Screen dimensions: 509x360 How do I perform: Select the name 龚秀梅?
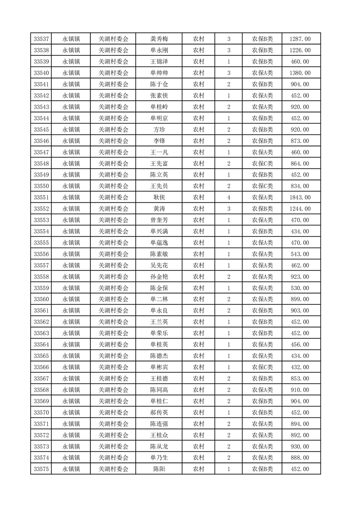(x=159, y=39)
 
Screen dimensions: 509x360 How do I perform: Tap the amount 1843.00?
(x=300, y=197)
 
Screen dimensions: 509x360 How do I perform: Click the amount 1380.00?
(x=300, y=73)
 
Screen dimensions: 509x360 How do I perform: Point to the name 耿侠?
(x=159, y=197)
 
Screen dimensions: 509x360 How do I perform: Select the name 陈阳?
(x=159, y=469)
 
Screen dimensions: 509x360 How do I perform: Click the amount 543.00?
(x=300, y=254)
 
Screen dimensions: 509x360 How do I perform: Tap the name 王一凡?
(x=159, y=152)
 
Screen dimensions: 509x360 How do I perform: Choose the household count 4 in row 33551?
(x=228, y=197)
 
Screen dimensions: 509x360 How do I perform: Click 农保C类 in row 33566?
(x=262, y=367)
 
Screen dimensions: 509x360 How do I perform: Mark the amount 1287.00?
(x=300, y=39)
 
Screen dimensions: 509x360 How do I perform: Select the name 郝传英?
(x=159, y=412)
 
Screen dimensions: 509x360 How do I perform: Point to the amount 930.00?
(x=300, y=446)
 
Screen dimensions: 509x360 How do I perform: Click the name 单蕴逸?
(x=159, y=243)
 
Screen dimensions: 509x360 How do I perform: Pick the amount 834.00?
(x=300, y=186)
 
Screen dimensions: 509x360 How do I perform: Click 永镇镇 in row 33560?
(x=71, y=299)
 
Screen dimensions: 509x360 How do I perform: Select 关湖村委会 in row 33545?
(x=113, y=129)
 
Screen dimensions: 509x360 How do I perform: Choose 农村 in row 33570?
(x=198, y=412)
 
